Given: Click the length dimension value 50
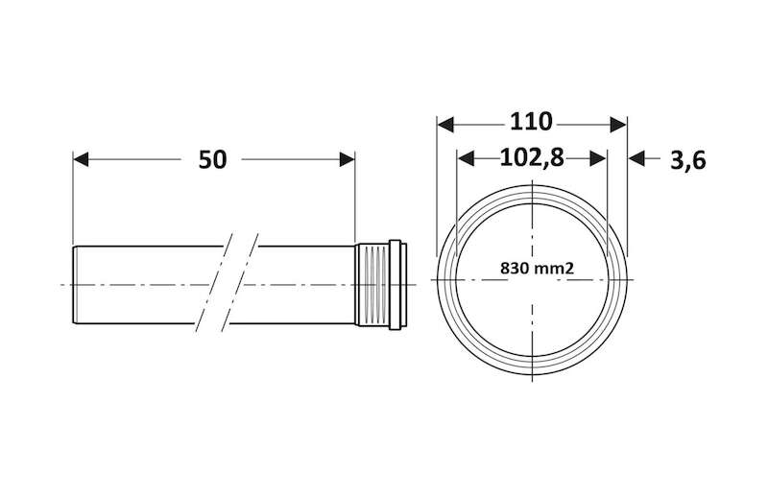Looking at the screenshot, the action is [212, 159].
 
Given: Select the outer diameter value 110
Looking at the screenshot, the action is [531, 122].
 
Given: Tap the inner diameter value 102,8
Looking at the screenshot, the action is [532, 157].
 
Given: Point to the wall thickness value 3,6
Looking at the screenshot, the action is [688, 160].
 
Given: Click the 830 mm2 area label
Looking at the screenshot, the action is [537, 269].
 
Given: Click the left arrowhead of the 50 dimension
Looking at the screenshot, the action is [81, 159].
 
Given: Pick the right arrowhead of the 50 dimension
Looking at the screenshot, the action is [347, 159].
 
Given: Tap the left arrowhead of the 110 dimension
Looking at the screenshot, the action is [445, 125].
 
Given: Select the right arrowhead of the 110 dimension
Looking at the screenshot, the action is [618, 125].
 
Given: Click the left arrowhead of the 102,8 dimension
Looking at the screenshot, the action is [466, 158].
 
